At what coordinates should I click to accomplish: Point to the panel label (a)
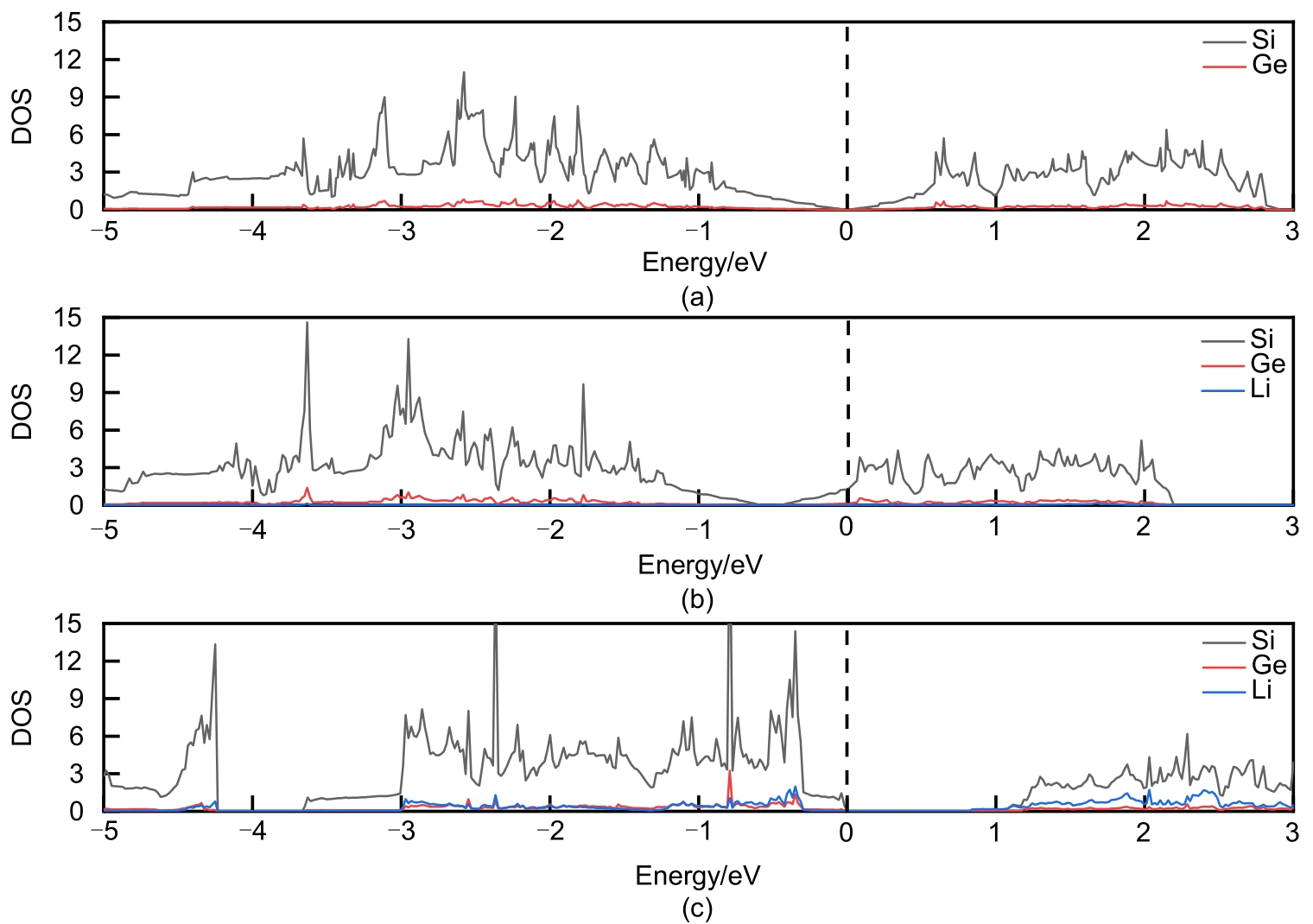tap(697, 298)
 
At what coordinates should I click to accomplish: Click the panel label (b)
tap(697, 599)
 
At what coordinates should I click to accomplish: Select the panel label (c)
tap(697, 908)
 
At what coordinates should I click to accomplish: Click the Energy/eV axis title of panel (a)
tap(704, 262)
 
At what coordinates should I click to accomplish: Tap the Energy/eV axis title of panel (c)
tap(698, 876)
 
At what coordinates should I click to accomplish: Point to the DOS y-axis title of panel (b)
tap(22, 412)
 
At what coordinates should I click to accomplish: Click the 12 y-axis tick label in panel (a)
tap(68, 60)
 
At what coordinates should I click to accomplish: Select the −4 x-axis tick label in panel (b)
tap(250, 528)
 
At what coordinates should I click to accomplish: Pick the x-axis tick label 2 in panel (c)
tap(1144, 832)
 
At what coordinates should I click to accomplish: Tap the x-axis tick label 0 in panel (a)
tap(847, 231)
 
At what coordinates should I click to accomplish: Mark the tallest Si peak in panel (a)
tap(464, 73)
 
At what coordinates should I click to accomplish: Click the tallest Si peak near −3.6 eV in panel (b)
tap(307, 323)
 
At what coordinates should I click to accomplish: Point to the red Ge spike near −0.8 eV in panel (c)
tap(730, 771)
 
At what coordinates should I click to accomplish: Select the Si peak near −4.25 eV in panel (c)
tap(215, 644)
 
